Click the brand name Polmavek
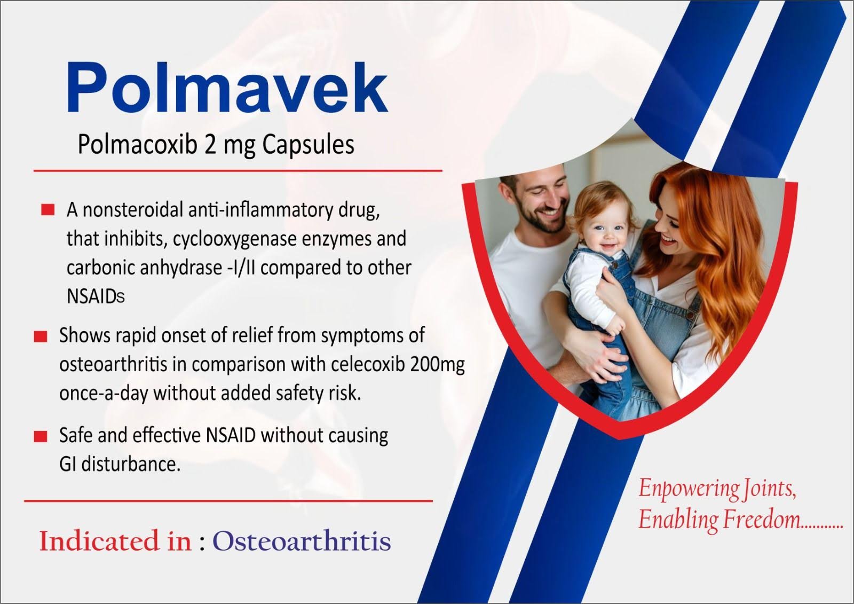click(227, 88)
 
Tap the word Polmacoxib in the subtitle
click(138, 145)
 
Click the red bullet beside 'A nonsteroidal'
click(48, 209)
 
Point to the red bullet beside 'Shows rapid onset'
click(41, 336)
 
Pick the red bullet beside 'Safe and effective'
click(41, 436)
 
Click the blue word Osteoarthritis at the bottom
click(302, 541)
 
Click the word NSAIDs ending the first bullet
click(96, 296)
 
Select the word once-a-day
click(104, 394)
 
